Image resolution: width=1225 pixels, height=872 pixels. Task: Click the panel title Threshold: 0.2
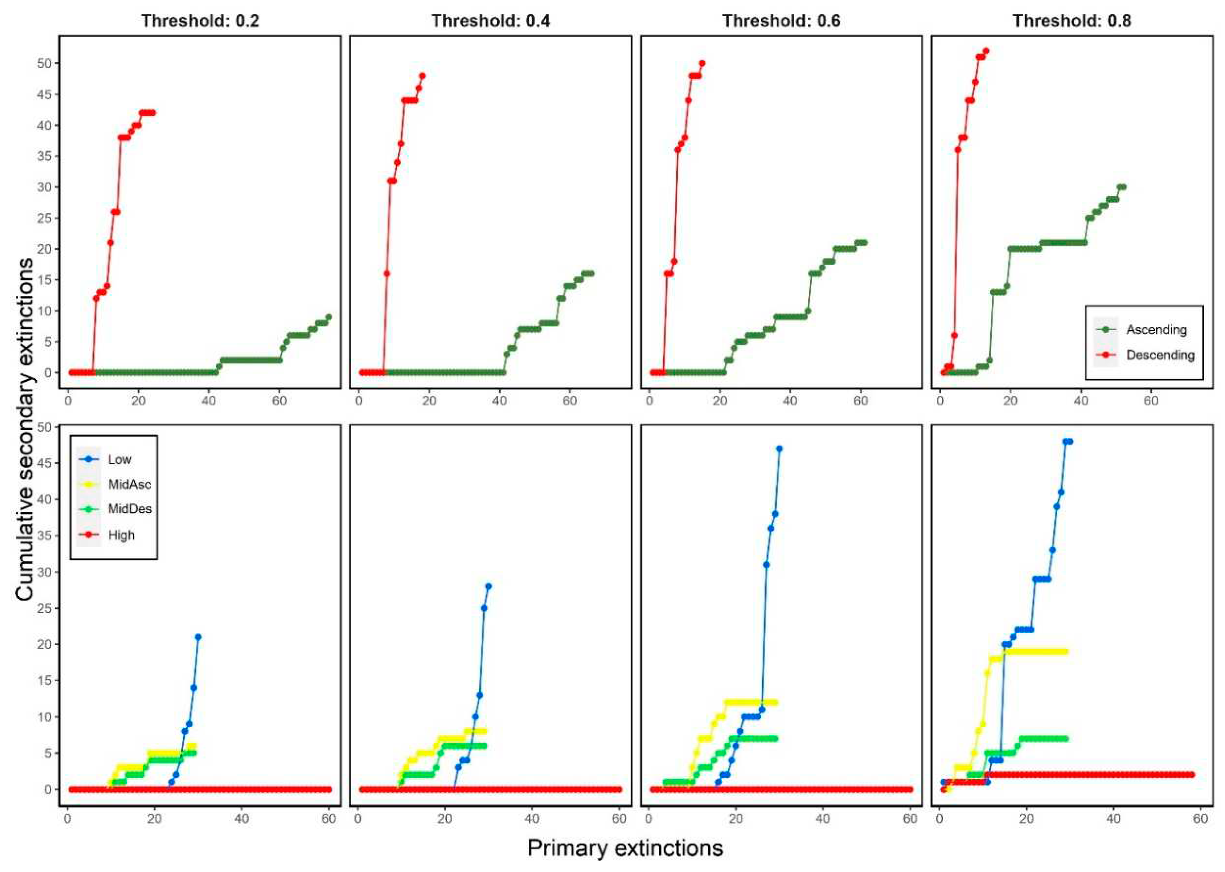pos(200,21)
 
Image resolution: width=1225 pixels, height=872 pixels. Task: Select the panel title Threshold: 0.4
pos(491,21)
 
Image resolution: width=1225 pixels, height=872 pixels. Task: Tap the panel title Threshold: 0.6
pos(781,21)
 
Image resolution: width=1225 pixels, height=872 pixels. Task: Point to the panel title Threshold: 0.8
pos(1072,21)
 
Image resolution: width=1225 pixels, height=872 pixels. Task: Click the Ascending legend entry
pos(1156,330)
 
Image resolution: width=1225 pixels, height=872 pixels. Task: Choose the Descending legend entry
pos(1160,355)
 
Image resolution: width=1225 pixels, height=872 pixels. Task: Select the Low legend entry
pos(119,460)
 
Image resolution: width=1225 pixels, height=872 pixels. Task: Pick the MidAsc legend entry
pos(129,484)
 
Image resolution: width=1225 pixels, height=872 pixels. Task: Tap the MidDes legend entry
pos(129,509)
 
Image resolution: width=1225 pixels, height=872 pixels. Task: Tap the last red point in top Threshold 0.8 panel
pos(985,51)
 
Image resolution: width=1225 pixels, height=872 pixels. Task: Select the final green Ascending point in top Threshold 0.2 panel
pos(329,317)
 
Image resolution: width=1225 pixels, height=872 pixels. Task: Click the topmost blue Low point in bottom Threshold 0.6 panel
pos(779,448)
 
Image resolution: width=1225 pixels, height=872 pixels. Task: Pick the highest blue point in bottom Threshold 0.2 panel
pos(198,637)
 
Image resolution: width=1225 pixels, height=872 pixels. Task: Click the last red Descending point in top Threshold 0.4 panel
pos(422,76)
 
